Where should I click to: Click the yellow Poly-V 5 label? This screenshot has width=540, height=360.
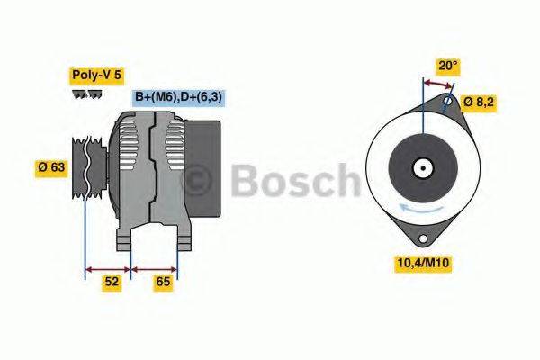[x=94, y=76]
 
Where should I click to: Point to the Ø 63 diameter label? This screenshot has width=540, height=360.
[x=51, y=166]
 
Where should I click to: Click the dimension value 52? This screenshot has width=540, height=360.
[x=111, y=283]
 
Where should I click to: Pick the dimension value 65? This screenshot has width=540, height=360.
[x=163, y=283]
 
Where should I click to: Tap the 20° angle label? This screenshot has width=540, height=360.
[x=447, y=66]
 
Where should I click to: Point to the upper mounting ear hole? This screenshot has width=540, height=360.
[x=448, y=103]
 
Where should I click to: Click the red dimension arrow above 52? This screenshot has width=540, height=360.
[x=107, y=267]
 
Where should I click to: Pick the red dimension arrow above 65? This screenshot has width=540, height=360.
[x=155, y=267]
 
